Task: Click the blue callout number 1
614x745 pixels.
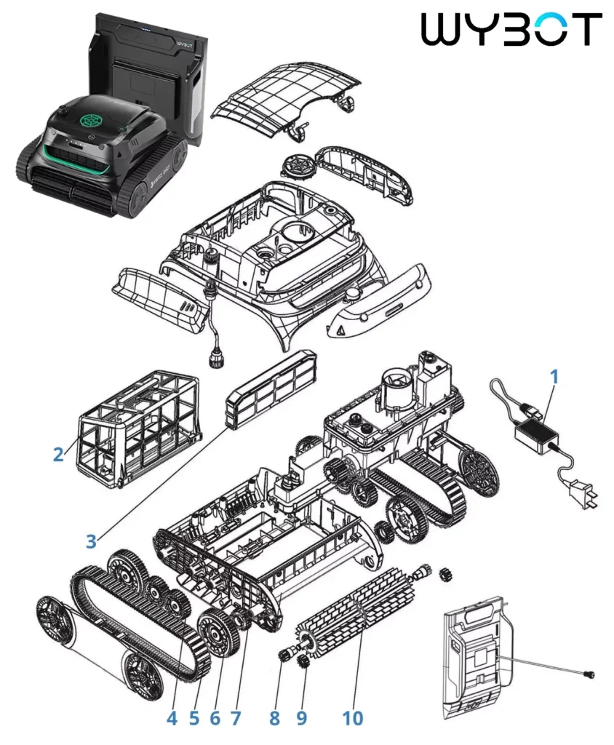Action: pyautogui.click(x=554, y=377)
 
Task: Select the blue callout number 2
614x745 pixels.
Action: pyautogui.click(x=58, y=454)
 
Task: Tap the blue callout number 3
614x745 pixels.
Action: pyautogui.click(x=91, y=541)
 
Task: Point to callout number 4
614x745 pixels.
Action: pyautogui.click(x=172, y=718)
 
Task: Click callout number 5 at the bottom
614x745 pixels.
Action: pyautogui.click(x=194, y=718)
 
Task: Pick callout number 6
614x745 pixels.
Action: pyautogui.click(x=215, y=718)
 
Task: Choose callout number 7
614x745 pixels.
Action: pyautogui.click(x=236, y=718)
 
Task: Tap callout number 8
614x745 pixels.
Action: pyautogui.click(x=275, y=718)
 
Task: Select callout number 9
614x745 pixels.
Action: pyautogui.click(x=302, y=718)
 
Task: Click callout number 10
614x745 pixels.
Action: pyautogui.click(x=353, y=718)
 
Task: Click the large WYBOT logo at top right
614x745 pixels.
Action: pyautogui.click(x=511, y=29)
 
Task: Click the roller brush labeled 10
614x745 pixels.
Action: pyautogui.click(x=356, y=613)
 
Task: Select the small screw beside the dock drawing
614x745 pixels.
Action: pyautogui.click(x=589, y=674)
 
